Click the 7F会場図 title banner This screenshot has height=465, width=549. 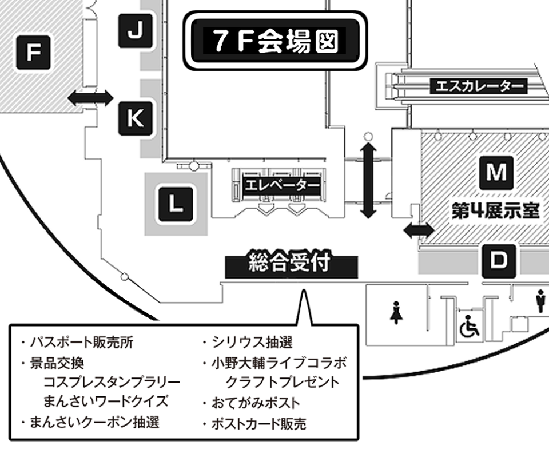point(274,41)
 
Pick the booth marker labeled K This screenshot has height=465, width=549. point(135,118)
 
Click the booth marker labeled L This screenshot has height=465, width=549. point(176,203)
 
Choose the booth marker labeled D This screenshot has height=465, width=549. point(499,261)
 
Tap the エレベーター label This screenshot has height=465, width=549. point(281,185)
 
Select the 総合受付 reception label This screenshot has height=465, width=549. point(291,265)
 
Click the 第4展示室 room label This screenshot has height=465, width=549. point(495,211)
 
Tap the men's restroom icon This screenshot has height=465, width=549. point(540,302)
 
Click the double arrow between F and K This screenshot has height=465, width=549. point(90,98)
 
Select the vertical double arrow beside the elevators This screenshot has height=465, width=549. point(369,180)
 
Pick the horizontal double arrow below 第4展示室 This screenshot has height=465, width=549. point(418,230)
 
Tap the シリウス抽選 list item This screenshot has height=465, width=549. point(252,343)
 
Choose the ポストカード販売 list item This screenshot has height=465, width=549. point(258,424)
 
